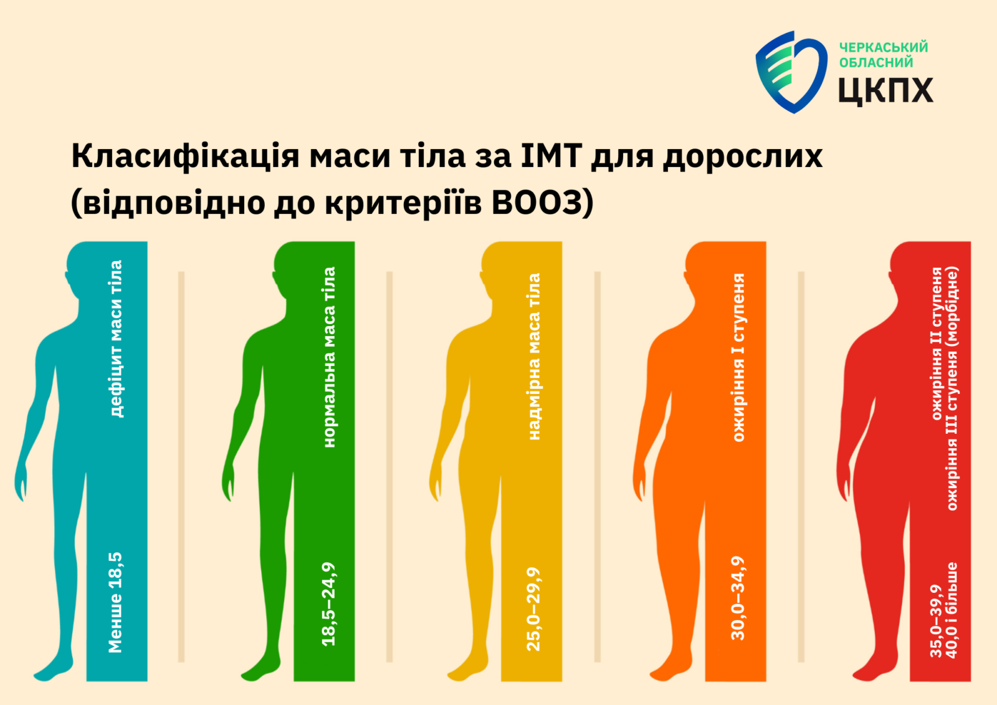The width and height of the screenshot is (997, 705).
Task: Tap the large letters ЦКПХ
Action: [885, 91]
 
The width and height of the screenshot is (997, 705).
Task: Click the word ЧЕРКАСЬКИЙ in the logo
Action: [884, 47]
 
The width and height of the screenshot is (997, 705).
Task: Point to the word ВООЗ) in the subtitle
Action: [543, 203]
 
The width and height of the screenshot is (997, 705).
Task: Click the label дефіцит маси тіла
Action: [116, 338]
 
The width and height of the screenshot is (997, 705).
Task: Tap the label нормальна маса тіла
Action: [329, 357]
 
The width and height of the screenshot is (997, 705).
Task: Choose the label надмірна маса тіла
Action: [533, 357]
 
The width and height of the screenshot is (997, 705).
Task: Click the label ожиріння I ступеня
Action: [738, 357]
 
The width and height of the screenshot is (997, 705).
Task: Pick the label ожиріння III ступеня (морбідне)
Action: [952, 388]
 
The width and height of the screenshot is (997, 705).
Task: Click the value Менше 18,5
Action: [115, 603]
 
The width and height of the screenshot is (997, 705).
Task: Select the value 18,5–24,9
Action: [328, 604]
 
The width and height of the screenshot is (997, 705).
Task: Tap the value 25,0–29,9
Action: [533, 609]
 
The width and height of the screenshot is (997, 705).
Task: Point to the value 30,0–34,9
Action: [738, 598]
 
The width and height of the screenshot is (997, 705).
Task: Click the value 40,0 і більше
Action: [952, 610]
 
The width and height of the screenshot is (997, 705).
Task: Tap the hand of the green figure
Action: [228, 481]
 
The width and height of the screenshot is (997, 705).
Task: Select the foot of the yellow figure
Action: [467, 669]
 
